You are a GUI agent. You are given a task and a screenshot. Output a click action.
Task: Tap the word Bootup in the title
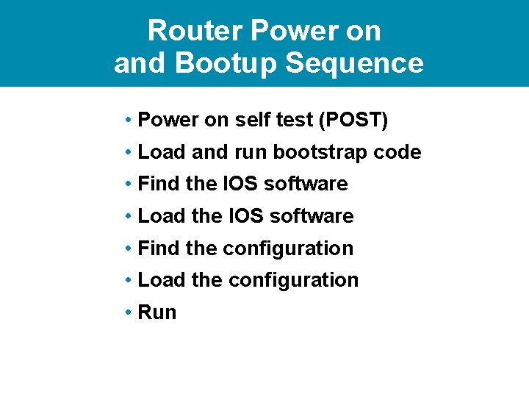(227, 63)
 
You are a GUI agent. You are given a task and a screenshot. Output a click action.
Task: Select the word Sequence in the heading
(354, 63)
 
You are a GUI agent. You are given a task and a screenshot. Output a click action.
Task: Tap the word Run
(157, 312)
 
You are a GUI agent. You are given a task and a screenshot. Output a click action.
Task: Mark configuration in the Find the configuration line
(288, 248)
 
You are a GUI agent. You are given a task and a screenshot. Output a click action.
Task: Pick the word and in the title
(141, 63)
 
